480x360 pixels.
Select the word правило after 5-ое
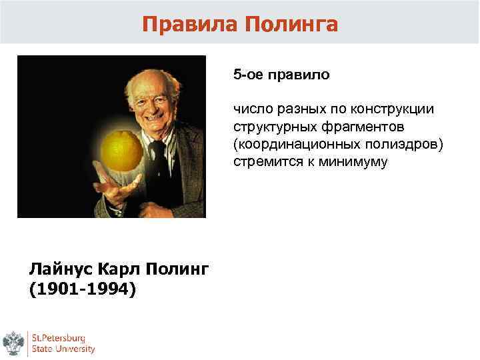click(x=299, y=74)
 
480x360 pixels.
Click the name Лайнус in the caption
click(x=60, y=269)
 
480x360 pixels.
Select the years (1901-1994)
click(x=82, y=289)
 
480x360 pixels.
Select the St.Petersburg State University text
click(x=63, y=343)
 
